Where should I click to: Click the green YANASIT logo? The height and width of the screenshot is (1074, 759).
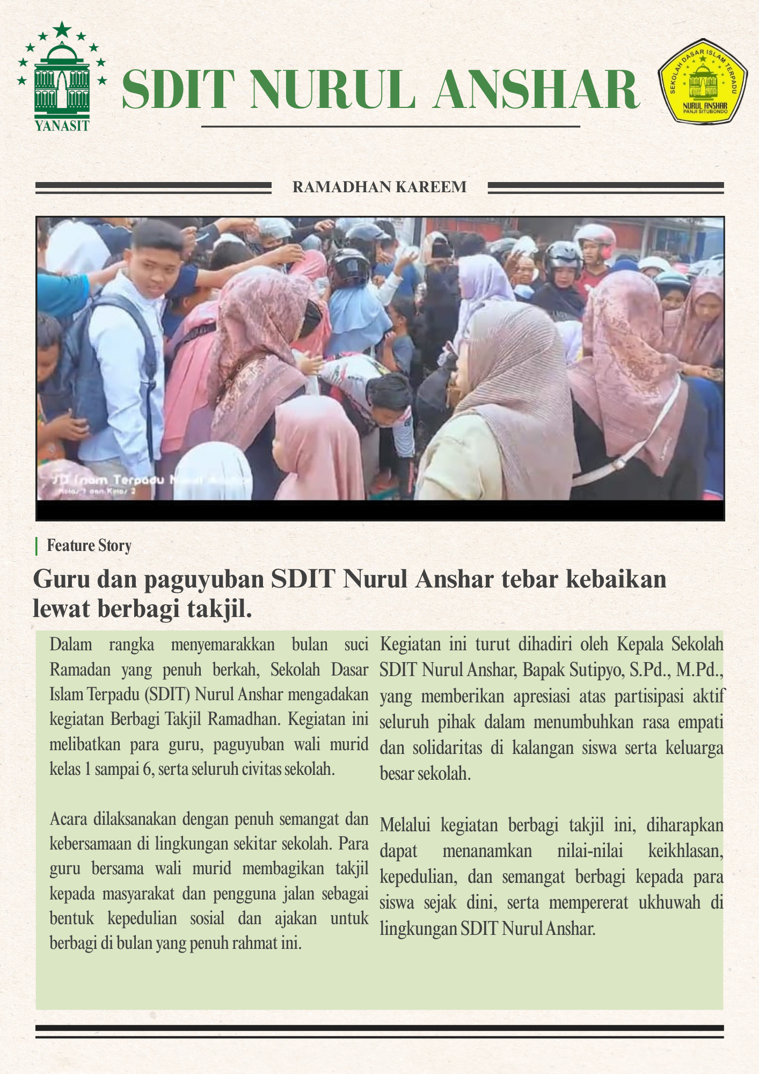pos(62,78)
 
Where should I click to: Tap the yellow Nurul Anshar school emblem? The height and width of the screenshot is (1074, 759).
pos(703,82)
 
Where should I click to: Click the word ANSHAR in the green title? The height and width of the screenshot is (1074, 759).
pos(536,90)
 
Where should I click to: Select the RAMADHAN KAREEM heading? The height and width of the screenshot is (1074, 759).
pos(380,187)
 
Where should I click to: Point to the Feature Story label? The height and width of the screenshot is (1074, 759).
pos(89,546)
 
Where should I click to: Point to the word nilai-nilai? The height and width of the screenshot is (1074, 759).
pos(590,851)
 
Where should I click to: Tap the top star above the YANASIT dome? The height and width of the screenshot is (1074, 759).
pos(62,29)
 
